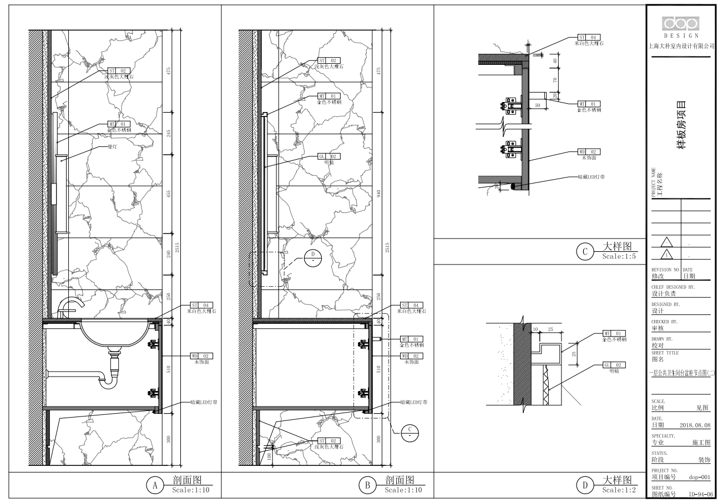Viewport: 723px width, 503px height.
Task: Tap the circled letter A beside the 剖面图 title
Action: (155, 485)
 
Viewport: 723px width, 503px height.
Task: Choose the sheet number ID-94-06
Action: (699, 493)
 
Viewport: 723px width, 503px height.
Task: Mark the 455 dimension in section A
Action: (169, 194)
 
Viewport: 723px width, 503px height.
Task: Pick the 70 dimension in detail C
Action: (554, 79)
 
